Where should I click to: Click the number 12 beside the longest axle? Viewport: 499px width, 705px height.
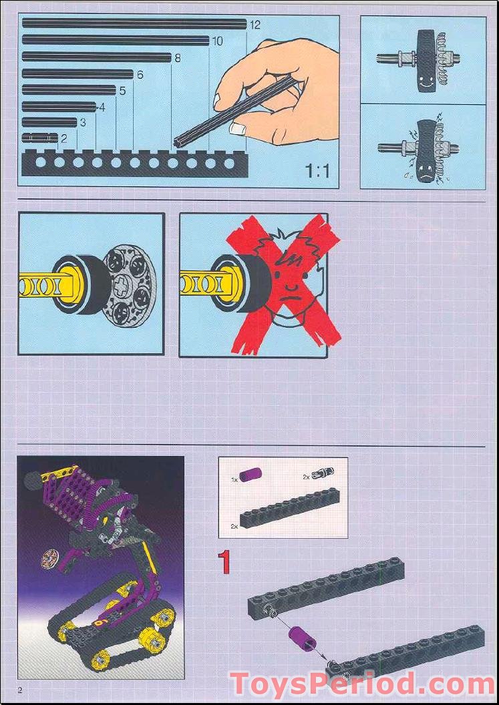[255, 25]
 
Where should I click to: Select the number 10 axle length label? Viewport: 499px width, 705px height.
[217, 41]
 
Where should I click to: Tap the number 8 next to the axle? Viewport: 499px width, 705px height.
[178, 58]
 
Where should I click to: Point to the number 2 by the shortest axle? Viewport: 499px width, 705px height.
[64, 139]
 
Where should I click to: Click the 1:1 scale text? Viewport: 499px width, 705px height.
[317, 172]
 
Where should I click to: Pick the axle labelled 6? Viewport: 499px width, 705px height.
[77, 74]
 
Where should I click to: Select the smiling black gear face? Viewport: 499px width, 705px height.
[425, 60]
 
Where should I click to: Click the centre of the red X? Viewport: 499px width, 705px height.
[281, 284]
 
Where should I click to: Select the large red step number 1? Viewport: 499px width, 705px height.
[225, 562]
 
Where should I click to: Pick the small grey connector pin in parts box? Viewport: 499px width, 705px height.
[322, 473]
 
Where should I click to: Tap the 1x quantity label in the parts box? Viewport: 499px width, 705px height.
[234, 479]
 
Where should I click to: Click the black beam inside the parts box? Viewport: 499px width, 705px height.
[290, 509]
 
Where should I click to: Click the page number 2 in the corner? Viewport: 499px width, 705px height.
[20, 690]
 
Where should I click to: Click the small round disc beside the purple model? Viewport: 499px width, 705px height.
[49, 557]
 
